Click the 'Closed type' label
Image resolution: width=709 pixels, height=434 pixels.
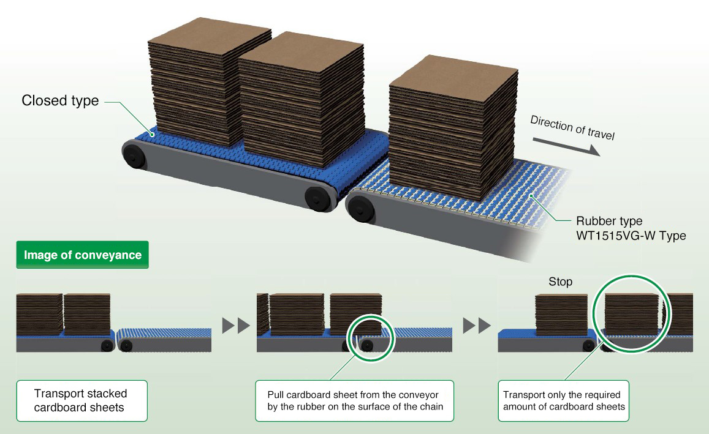60,100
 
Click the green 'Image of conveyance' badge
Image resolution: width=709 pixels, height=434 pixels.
82,255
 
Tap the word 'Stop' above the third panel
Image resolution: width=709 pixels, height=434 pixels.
560,282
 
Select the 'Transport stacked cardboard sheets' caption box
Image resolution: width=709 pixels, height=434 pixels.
82,400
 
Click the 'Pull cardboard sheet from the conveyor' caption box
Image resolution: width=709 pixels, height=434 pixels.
354,400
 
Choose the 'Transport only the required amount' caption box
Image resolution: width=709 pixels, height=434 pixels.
563,400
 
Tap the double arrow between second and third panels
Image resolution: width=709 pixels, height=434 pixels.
476,324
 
